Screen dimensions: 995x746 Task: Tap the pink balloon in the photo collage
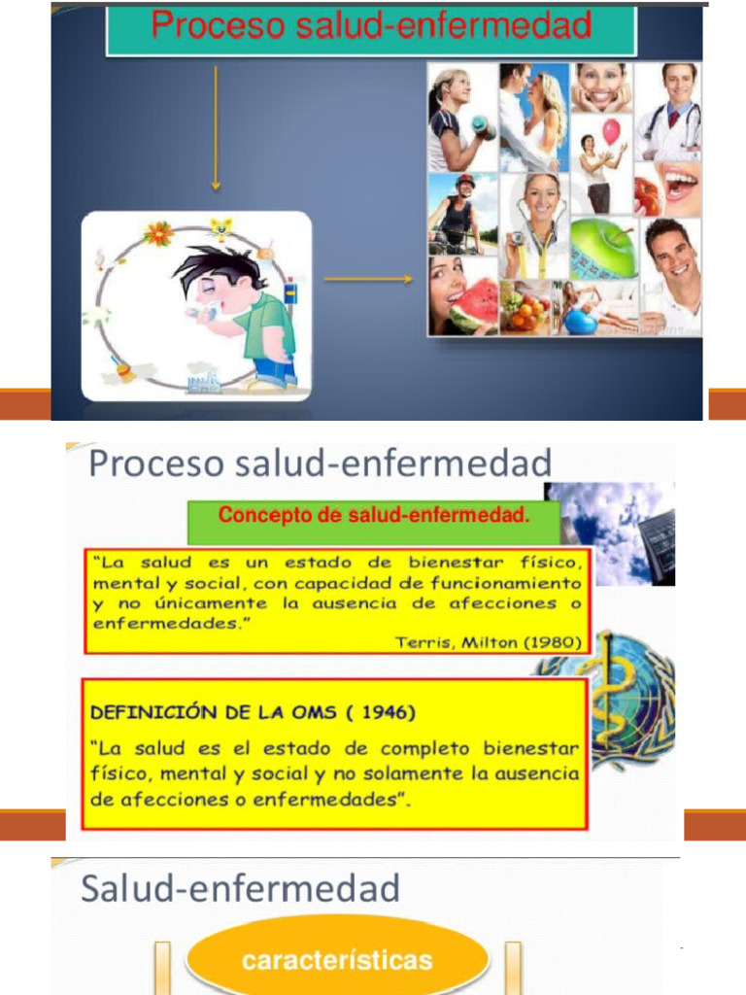(610, 131)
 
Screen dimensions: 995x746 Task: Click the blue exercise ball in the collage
(580, 321)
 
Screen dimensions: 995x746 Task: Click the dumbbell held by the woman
(483, 126)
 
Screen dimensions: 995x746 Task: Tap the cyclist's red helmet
(465, 181)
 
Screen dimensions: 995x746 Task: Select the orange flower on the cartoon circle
(157, 233)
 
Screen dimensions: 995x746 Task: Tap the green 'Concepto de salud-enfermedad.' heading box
(373, 517)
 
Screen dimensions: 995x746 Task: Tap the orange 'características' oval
(337, 961)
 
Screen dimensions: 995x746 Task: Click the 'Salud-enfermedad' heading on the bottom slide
(240, 888)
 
